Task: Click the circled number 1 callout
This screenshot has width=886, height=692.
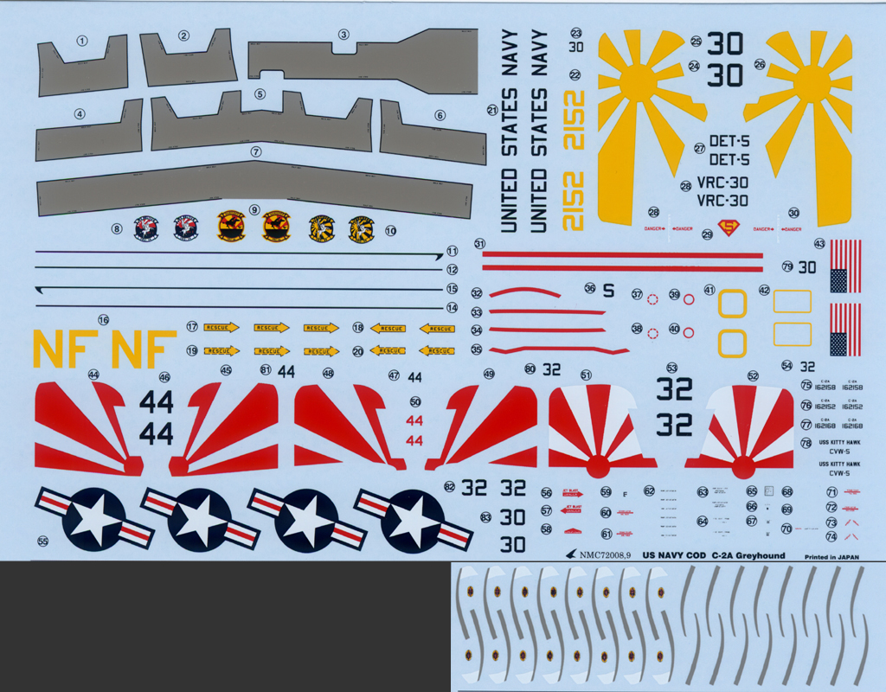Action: point(83,41)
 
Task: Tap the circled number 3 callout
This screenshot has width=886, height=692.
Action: point(343,35)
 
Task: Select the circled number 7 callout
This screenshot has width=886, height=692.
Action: point(255,151)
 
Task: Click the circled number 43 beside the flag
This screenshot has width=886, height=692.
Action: point(819,244)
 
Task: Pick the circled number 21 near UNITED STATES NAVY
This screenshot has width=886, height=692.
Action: point(492,111)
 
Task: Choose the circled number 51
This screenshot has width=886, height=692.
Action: point(586,375)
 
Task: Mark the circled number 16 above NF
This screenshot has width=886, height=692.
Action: point(104,320)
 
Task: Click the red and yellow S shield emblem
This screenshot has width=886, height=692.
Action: point(732,229)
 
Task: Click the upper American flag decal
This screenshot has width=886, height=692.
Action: point(845,266)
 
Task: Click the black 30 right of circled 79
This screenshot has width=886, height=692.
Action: point(806,267)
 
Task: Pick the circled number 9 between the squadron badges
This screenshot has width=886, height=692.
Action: point(254,209)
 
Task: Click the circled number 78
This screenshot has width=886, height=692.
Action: point(806,443)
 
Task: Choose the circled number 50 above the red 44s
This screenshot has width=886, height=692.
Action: point(415,401)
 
